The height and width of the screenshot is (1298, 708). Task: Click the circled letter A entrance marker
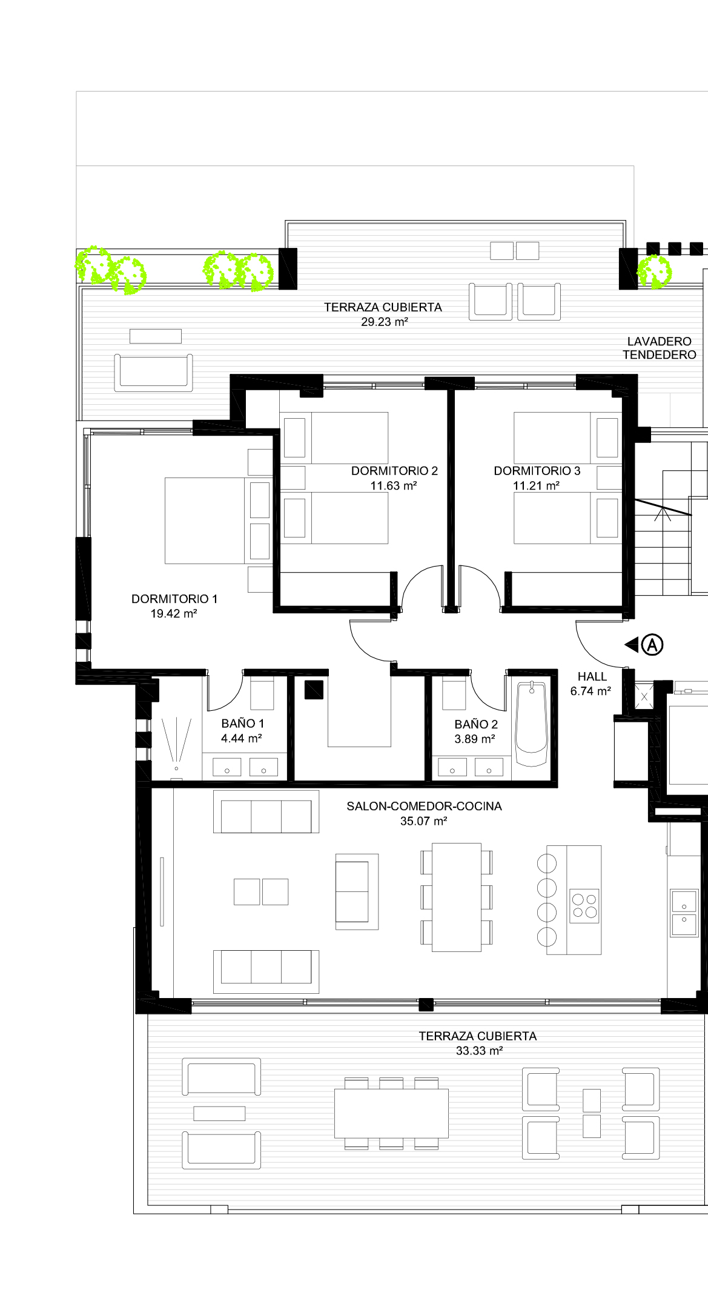[x=652, y=644]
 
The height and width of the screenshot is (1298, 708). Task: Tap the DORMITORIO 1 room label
[x=174, y=599]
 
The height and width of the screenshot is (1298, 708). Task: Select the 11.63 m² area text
[x=394, y=485]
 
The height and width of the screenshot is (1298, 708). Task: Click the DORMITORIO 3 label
[x=537, y=471]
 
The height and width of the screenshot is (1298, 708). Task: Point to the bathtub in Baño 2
[x=531, y=724]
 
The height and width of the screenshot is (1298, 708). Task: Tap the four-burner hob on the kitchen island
[x=585, y=906]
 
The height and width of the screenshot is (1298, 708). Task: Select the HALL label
[x=592, y=676]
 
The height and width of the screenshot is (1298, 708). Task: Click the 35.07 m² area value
[x=423, y=821]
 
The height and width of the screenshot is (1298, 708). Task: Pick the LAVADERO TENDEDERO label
[x=660, y=348]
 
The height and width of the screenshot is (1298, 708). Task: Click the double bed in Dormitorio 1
[x=219, y=521]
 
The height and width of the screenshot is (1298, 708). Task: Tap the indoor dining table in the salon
[x=457, y=897]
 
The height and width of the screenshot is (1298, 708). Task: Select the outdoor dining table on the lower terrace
[x=391, y=1113]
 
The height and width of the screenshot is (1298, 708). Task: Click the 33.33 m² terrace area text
[x=479, y=1051]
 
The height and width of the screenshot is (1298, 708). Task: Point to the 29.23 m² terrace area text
[x=385, y=322]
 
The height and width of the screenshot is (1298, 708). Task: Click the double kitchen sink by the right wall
[x=684, y=912]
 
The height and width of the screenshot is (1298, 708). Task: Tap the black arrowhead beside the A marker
[x=631, y=644]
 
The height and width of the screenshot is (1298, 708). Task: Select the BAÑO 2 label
[x=476, y=724]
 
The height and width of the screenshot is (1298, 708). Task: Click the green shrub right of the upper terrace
[x=654, y=271]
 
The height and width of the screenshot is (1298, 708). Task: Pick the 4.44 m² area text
[x=241, y=738]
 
